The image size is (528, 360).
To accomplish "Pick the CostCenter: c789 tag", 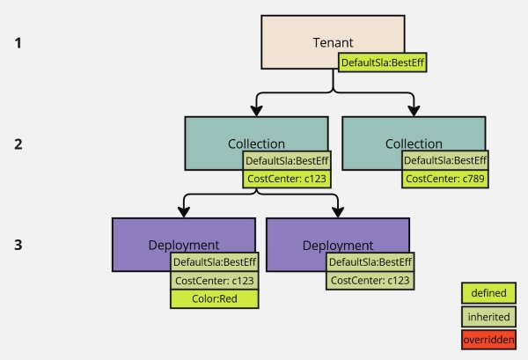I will (444, 179).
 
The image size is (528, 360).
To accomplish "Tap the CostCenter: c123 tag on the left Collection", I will (287, 179).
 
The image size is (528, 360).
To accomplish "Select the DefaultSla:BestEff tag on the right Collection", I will (444, 160).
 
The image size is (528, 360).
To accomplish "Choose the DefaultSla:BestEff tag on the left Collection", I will (287, 160).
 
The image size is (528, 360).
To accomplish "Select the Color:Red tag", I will (215, 298).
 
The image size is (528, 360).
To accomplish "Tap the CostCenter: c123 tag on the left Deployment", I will (215, 280).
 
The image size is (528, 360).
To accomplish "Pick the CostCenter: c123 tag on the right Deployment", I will (370, 280).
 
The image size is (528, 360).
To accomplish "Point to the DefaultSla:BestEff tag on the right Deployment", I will (370, 261).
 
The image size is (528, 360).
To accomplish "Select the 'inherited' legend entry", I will (488, 316).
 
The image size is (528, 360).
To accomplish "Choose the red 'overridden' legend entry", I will (488, 339).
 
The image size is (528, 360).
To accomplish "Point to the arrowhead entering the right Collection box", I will (413, 111).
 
